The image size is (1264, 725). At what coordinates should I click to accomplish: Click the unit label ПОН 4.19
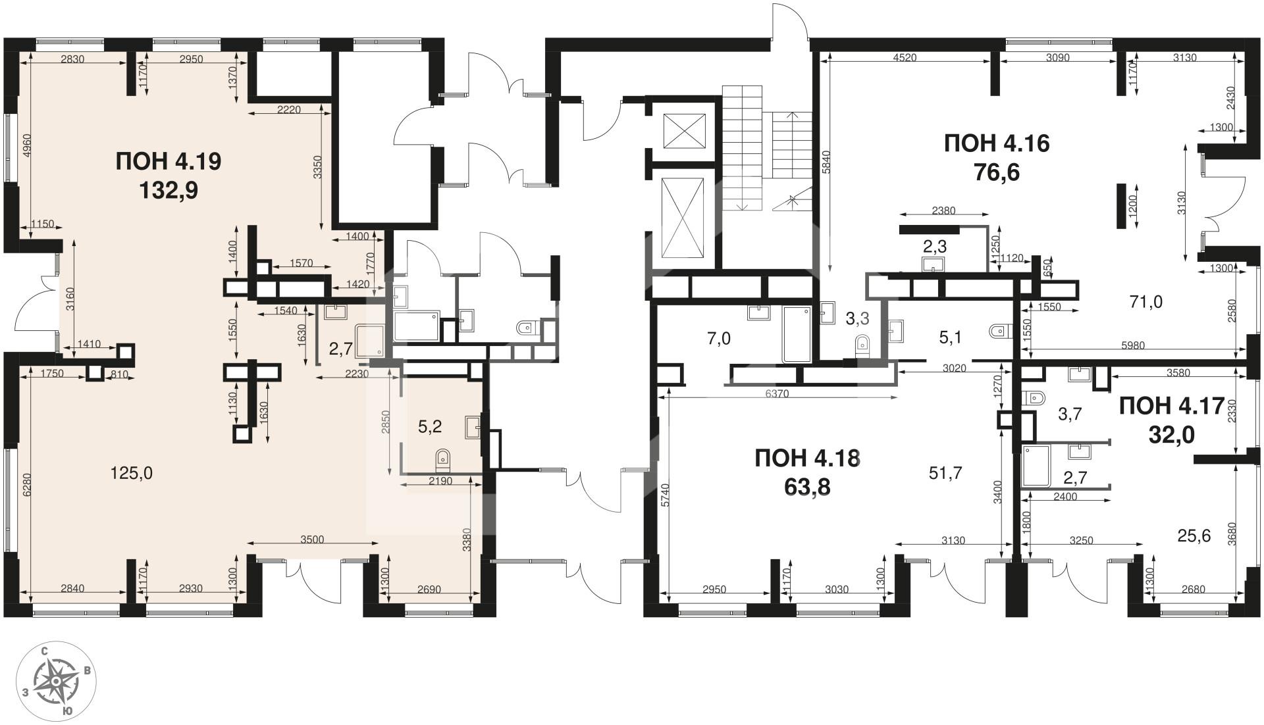pyautogui.click(x=168, y=161)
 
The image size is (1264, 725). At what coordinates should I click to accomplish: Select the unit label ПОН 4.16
pyautogui.click(x=997, y=143)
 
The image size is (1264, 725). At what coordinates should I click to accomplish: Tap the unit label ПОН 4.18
pyautogui.click(x=807, y=458)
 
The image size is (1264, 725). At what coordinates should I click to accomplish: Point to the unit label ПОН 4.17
pyautogui.click(x=1172, y=406)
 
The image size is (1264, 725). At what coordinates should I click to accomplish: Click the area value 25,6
pyautogui.click(x=1194, y=536)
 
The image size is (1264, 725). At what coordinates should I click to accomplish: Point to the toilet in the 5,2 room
pyautogui.click(x=443, y=457)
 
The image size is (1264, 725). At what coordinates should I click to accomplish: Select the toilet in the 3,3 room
pyautogui.click(x=860, y=345)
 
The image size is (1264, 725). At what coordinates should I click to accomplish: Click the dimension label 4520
pyautogui.click(x=905, y=57)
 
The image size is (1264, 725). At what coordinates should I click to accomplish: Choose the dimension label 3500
pyautogui.click(x=312, y=539)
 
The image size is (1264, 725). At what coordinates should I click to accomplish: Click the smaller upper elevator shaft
pyautogui.click(x=684, y=131)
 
